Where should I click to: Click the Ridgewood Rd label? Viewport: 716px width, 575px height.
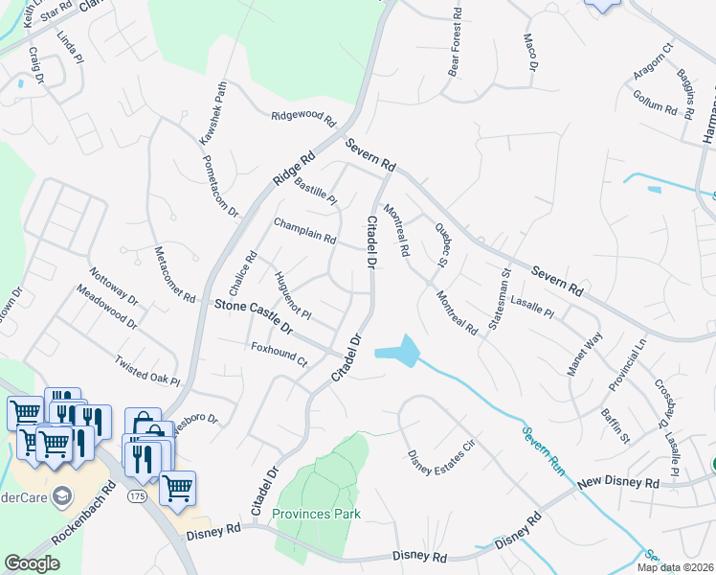pyautogui.click(x=304, y=120)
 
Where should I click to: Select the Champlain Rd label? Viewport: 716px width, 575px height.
pyautogui.click(x=304, y=230)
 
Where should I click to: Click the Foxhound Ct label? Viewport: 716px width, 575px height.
pyautogui.click(x=279, y=354)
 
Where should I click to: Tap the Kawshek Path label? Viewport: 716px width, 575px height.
pyautogui.click(x=214, y=113)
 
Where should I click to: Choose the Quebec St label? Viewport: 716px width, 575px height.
pyautogui.click(x=441, y=244)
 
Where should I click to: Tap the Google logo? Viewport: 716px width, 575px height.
pyautogui.click(x=32, y=563)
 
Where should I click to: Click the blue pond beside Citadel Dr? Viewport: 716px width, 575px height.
pyautogui.click(x=400, y=352)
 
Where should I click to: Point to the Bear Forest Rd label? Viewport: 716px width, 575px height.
pyautogui.click(x=456, y=43)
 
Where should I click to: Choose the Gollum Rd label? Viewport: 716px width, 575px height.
pyautogui.click(x=655, y=102)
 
